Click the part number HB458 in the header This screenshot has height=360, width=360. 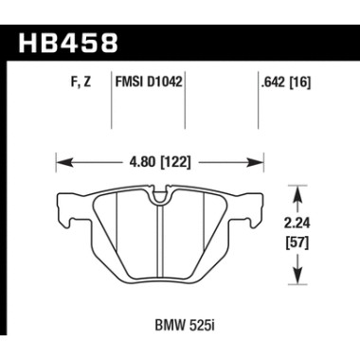(x=65, y=44)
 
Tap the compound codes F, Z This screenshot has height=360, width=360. (x=80, y=82)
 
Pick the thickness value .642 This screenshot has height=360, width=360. (x=270, y=82)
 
